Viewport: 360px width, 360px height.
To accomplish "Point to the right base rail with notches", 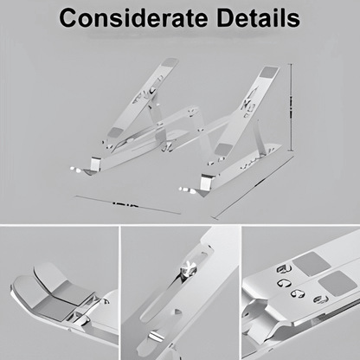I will [x=251, y=160].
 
